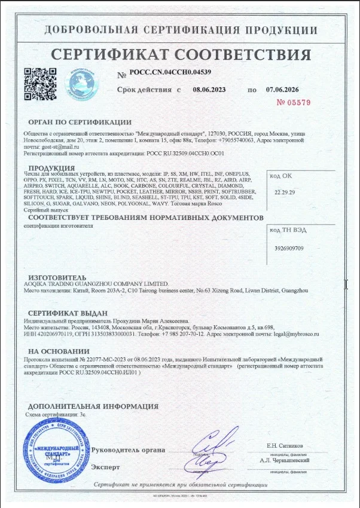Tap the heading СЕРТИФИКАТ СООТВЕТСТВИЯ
click(181, 55)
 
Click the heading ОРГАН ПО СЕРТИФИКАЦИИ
click(80, 122)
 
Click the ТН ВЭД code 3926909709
click(289, 247)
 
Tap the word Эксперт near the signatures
click(106, 466)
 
